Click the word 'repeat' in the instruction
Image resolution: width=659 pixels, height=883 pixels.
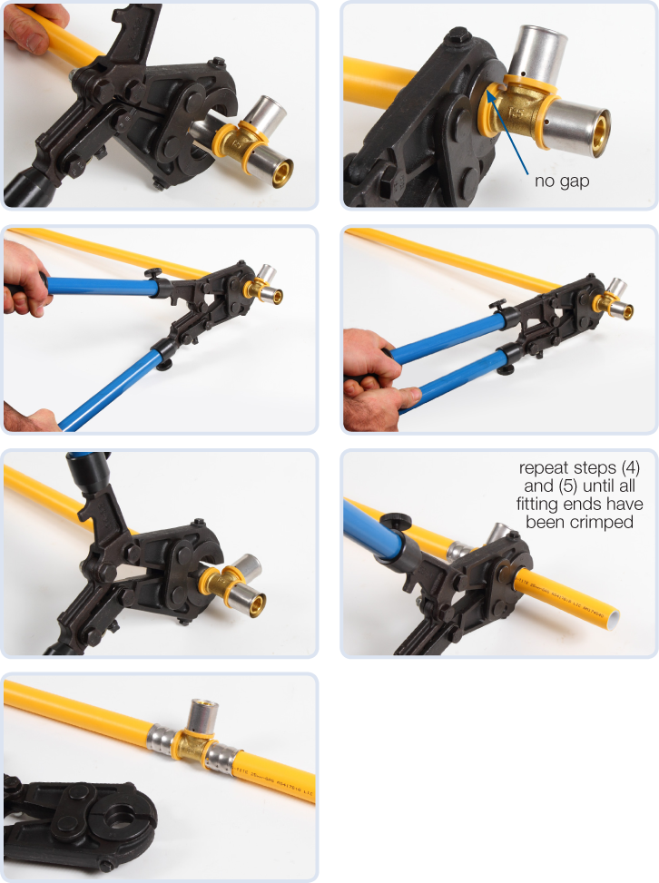click(542, 469)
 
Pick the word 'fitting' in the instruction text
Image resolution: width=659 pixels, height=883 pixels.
click(543, 505)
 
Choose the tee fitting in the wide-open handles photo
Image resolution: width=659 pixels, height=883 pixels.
click(266, 288)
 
